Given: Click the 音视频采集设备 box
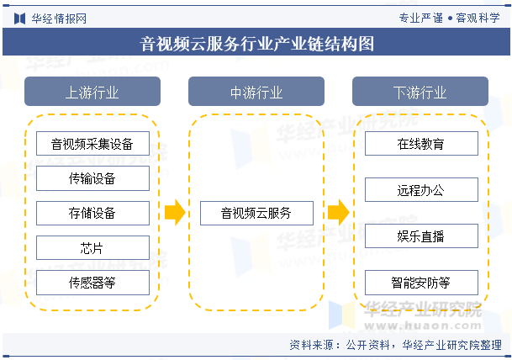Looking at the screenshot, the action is [92, 144].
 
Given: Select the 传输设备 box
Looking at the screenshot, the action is [92, 178].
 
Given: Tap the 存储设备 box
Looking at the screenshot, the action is [92, 213].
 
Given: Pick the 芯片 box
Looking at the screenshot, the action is [92, 248].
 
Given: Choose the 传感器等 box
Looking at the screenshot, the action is [92, 283].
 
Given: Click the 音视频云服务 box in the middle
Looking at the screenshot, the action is [256, 213].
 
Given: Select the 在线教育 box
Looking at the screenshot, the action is [421, 144].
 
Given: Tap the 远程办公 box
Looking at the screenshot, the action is [421, 190].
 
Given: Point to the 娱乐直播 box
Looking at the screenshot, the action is [421, 236].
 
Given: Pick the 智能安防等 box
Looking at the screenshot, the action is [421, 283].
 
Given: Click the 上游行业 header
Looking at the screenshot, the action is [92, 92].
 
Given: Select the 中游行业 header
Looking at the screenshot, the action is [256, 92].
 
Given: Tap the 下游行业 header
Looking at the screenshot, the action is [420, 92].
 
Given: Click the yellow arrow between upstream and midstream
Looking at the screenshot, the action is [175, 213].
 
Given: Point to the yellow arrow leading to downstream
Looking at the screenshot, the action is [339, 213].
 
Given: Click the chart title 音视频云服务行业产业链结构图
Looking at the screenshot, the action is [257, 44].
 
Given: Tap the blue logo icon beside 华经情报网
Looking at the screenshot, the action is [20, 19].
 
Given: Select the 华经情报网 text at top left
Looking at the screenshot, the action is [59, 19].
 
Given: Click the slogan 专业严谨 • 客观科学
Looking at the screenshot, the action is [449, 18].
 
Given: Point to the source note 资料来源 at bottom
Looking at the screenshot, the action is [395, 345].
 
